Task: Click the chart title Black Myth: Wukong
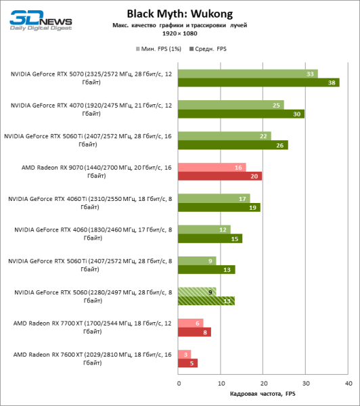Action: [179, 13]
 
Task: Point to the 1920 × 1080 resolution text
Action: [179, 32]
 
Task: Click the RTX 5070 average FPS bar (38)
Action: [258, 83]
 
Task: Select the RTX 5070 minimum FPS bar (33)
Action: [248, 73]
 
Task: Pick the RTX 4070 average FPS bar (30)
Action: [242, 114]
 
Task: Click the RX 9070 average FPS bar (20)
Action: [220, 176]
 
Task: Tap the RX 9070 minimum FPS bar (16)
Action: [212, 167]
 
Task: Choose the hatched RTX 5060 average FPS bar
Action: [206, 301]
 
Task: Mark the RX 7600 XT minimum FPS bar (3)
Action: [185, 354]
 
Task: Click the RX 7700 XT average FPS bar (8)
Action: [195, 332]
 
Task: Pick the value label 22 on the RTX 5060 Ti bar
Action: [263, 136]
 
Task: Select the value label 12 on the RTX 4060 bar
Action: [223, 229]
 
